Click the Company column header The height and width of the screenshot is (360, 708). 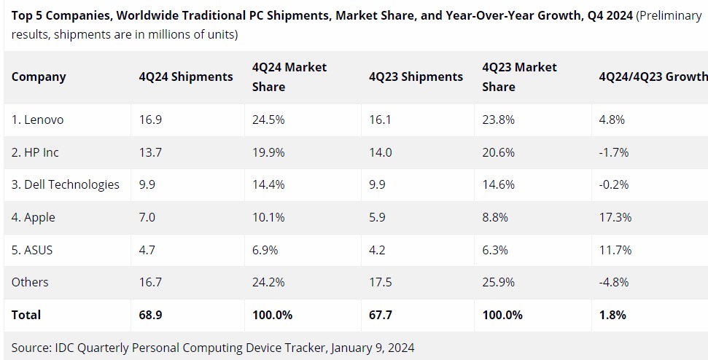39,77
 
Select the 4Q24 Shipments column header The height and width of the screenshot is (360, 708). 186,77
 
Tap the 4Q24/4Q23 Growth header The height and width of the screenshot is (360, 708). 653,77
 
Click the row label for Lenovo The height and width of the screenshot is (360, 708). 37,120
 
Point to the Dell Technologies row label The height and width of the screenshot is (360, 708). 65,184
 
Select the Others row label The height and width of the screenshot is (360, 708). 30,282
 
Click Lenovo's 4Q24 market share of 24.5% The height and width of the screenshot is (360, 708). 268,120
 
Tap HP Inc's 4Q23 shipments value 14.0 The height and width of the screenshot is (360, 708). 380,152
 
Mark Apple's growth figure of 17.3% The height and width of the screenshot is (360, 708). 615,217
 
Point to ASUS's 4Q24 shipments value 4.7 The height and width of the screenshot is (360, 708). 148,250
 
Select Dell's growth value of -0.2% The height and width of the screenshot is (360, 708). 613,184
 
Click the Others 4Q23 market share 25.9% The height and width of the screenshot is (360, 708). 499,282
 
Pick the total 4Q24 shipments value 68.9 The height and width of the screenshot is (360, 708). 151,315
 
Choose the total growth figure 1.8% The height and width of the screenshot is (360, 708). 612,315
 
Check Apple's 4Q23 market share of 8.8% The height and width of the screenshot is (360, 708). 496,217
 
